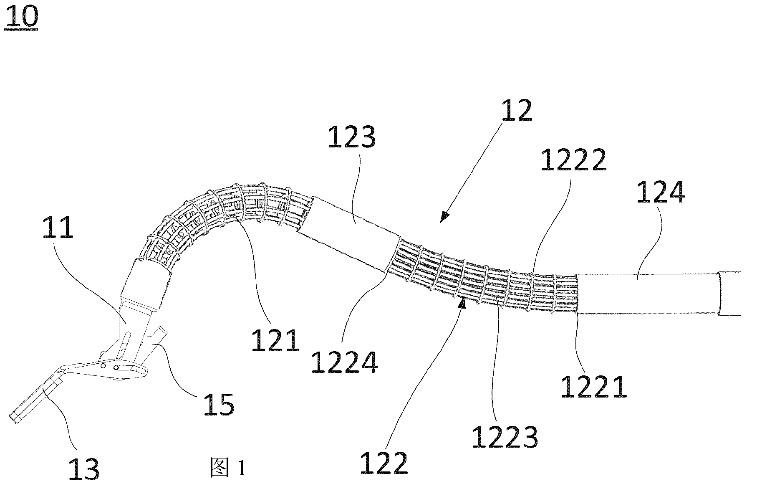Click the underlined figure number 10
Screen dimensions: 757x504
click(22, 18)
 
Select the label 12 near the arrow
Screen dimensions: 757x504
click(517, 110)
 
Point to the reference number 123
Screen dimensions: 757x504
click(351, 137)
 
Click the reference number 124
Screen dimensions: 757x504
click(661, 192)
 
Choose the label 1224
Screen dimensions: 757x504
click(345, 362)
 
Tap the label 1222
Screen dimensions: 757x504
click(573, 160)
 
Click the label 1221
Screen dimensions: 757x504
click(594, 386)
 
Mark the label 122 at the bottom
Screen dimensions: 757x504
click(384, 463)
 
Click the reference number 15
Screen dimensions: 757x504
click(219, 404)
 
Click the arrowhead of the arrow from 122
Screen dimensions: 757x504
click(462, 304)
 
